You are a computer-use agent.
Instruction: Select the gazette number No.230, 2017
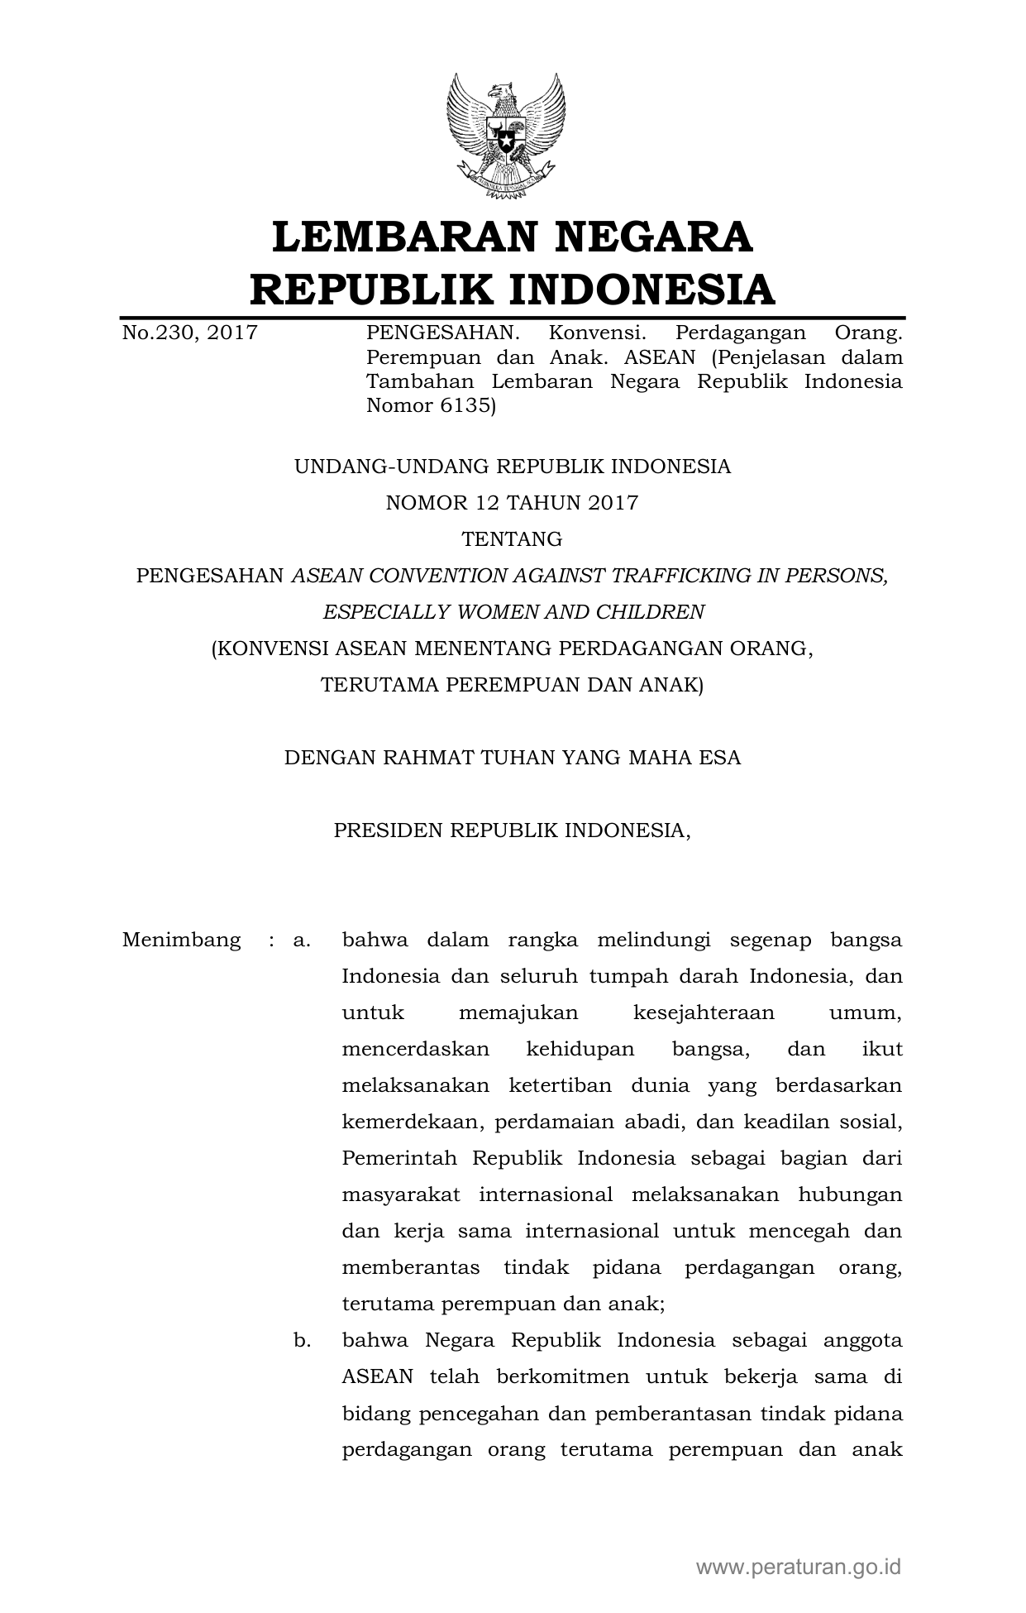tap(189, 333)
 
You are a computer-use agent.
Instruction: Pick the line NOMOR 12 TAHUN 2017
tap(512, 503)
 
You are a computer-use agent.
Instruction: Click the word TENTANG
tap(512, 539)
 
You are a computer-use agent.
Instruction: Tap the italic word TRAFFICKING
tap(673, 576)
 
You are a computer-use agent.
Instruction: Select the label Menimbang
tap(181, 941)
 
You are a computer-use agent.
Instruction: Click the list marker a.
tap(301, 941)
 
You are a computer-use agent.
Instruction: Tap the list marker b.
tap(301, 1341)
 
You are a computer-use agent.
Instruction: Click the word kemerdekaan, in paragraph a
tap(411, 1122)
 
